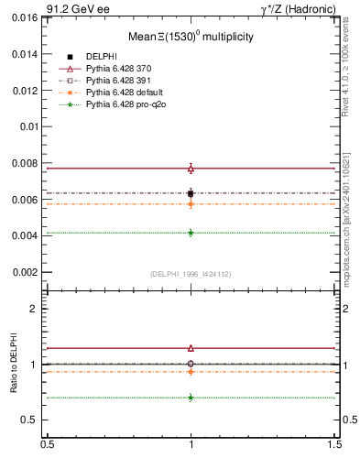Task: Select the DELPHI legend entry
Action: pyautogui.click(x=101, y=57)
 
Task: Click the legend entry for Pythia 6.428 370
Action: pyautogui.click(x=119, y=69)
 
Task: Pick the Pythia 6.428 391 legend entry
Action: pyautogui.click(x=119, y=81)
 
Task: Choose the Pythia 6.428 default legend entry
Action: pyautogui.click(x=123, y=93)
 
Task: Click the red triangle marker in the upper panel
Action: pyautogui.click(x=191, y=169)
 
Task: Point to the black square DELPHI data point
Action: pyautogui.click(x=191, y=193)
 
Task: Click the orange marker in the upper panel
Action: pyautogui.click(x=191, y=203)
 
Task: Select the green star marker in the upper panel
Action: pyautogui.click(x=191, y=233)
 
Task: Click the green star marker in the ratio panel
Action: pyautogui.click(x=191, y=398)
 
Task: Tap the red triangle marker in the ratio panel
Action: pyautogui.click(x=191, y=348)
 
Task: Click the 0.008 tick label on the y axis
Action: pyautogui.click(x=27, y=163)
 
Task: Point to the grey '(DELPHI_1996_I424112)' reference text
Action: pyautogui.click(x=191, y=274)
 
